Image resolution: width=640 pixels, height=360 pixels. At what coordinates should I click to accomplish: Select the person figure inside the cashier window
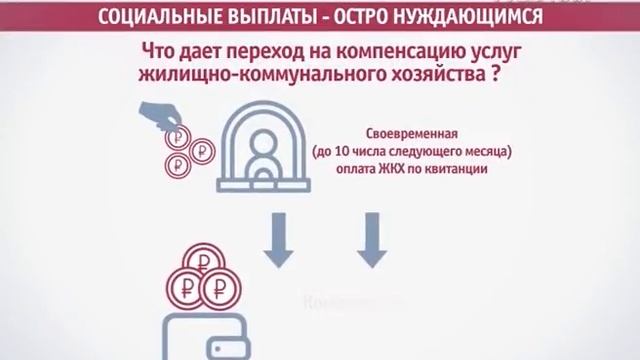(265, 155)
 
